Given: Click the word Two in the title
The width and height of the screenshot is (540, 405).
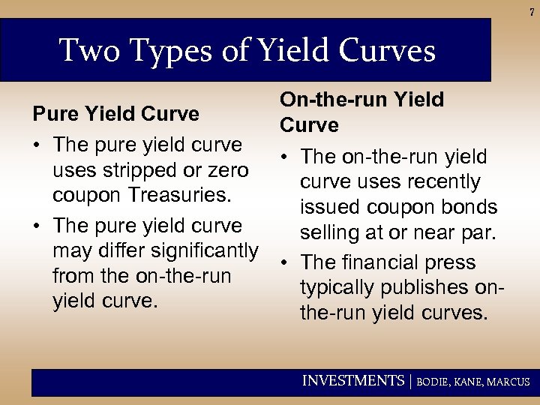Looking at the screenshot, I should coord(83,51).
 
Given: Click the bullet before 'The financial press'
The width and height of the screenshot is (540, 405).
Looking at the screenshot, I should coord(286,262).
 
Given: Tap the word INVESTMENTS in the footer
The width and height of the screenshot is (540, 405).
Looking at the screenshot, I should coord(352,381).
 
